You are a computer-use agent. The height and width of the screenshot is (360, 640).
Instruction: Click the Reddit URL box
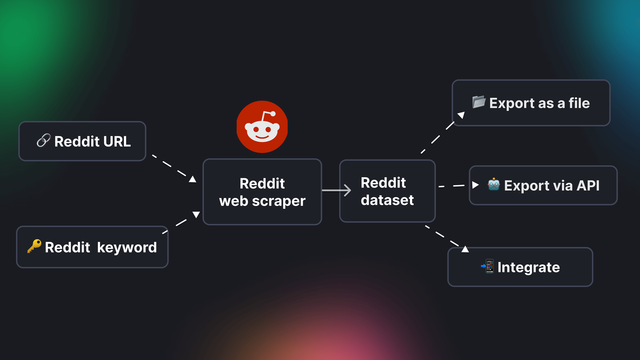pos(82,141)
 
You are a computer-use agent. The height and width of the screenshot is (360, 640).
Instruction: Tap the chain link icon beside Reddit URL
pos(43,140)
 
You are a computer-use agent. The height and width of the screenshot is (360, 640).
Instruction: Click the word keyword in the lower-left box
pos(127,248)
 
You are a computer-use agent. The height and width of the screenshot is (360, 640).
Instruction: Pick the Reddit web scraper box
pos(262,192)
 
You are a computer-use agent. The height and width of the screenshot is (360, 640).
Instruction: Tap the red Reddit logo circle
pos(262,127)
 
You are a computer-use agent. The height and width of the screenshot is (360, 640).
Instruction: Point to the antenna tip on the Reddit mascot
pos(273,114)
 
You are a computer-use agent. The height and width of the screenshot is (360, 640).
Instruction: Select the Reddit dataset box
pos(387,191)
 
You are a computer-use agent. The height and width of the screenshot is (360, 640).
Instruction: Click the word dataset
pos(387,200)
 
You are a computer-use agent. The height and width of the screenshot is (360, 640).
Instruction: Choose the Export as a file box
pos(531,103)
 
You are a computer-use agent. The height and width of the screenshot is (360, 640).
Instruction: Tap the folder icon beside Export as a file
pos(478,102)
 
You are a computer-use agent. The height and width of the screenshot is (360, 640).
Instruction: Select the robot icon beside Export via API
pos(494,184)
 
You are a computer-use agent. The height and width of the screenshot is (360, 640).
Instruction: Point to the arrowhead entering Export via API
pos(475,185)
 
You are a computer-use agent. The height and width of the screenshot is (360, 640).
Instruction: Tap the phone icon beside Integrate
pos(488,266)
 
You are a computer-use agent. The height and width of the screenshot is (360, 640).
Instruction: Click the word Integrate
pos(528,267)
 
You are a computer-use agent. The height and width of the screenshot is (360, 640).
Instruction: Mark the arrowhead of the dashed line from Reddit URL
pos(193,179)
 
